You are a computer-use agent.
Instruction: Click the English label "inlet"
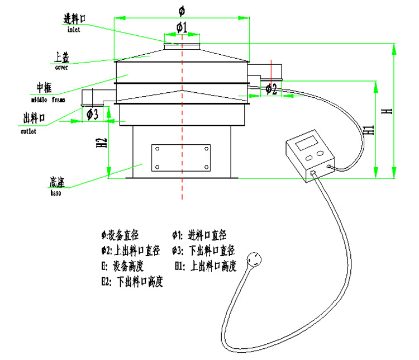coord(74,30)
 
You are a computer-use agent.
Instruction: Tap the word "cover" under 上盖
coord(61,67)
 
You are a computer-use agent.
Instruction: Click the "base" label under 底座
coord(56,193)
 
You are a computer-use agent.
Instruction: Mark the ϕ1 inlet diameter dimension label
coord(182,27)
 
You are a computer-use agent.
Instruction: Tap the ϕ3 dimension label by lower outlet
coord(93,114)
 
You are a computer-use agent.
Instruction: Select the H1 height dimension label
coord(368,130)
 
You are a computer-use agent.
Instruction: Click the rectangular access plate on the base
coord(182,157)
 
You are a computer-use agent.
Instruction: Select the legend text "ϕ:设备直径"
coord(120,235)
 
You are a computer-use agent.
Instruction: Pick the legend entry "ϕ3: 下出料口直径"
coord(203,250)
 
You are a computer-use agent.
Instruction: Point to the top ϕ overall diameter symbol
coord(182,10)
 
